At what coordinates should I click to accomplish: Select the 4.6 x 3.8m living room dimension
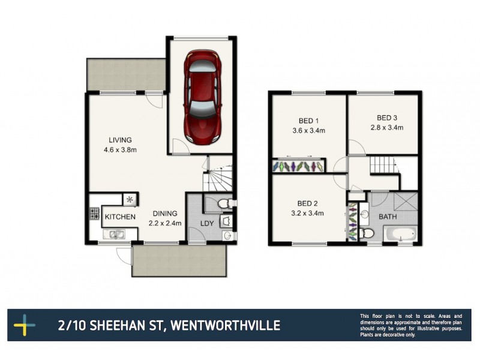pyautogui.click(x=120, y=149)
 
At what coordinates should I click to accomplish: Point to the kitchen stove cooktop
pyautogui.click(x=94, y=213)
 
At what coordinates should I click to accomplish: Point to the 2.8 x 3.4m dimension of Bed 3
pyautogui.click(x=386, y=127)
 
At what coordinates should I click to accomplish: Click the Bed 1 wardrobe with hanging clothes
pyautogui.click(x=299, y=165)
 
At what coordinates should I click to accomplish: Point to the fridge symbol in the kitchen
pyautogui.click(x=130, y=199)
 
